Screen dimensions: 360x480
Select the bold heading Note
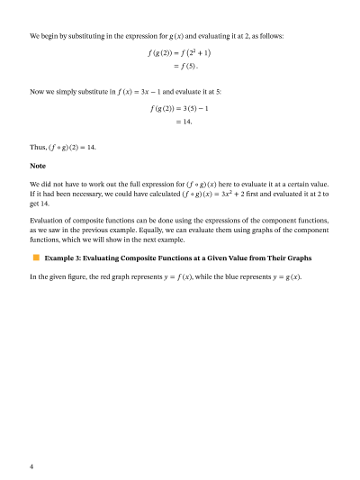point(38,166)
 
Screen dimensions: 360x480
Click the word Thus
point(39,148)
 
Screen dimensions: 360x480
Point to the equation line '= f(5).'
point(185,66)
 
